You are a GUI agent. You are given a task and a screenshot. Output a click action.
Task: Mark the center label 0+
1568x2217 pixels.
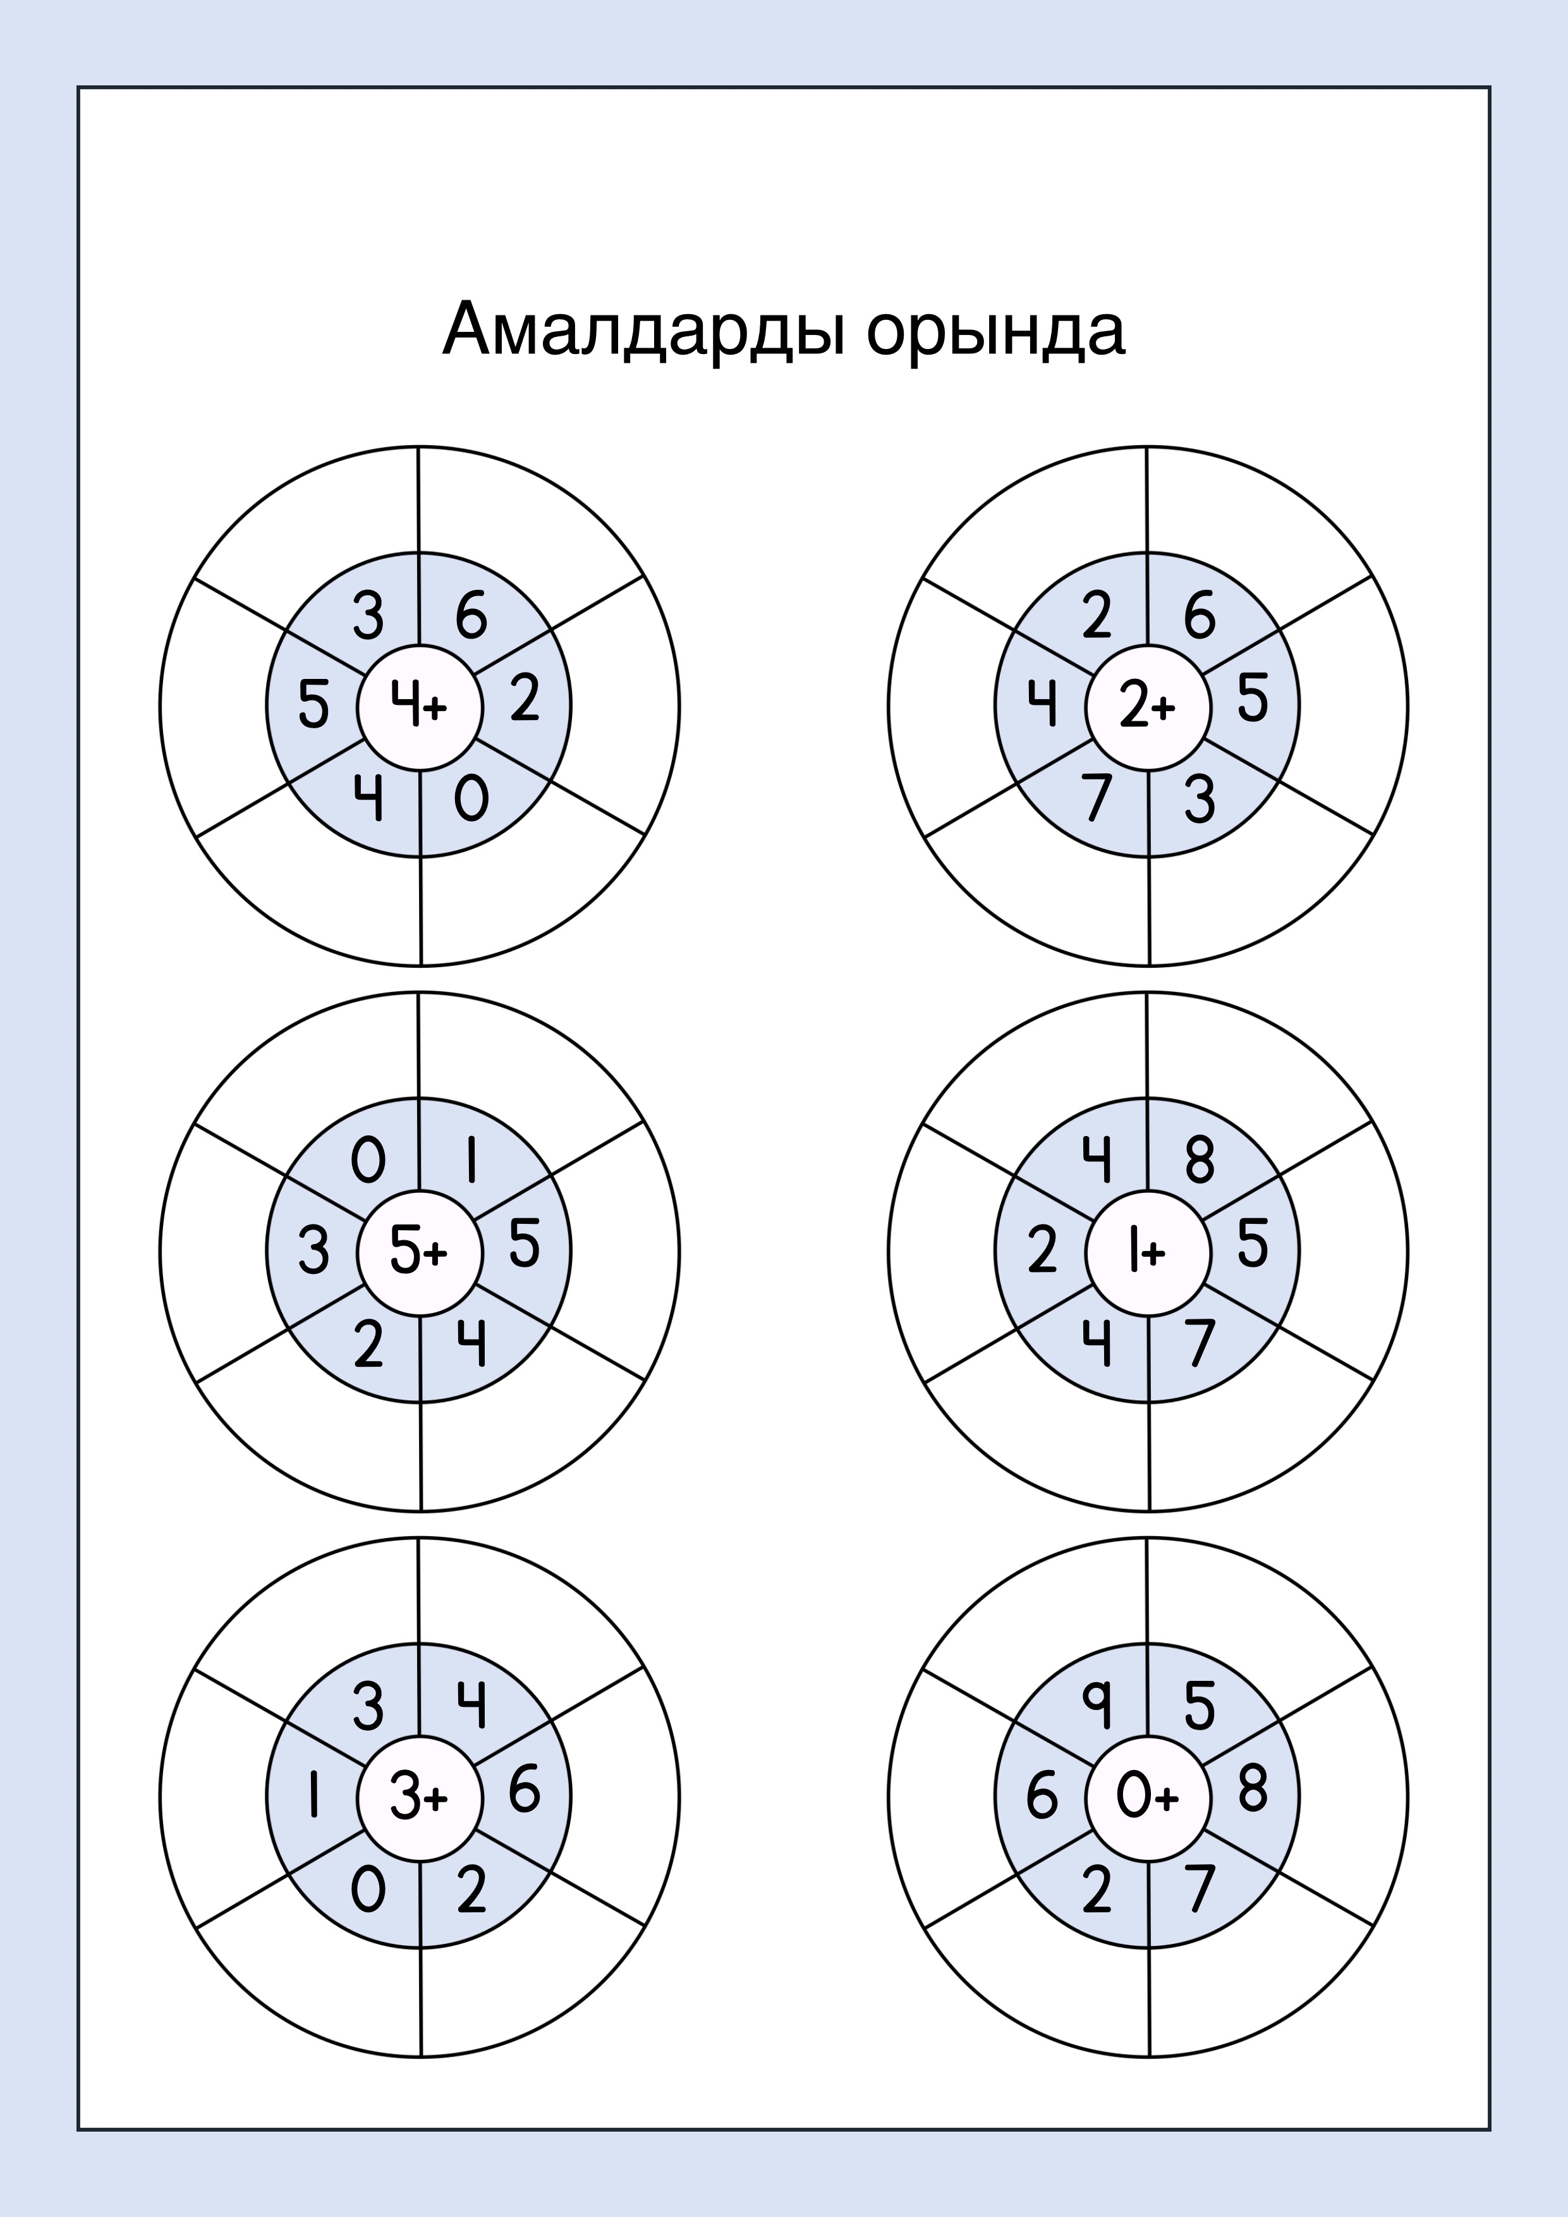tap(1147, 1797)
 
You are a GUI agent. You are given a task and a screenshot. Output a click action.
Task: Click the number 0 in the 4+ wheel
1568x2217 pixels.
tap(471, 798)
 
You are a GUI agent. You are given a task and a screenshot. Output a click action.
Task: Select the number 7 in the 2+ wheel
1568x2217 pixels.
tap(1096, 798)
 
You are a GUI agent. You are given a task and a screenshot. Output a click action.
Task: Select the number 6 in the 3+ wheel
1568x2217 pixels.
tap(525, 1790)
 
